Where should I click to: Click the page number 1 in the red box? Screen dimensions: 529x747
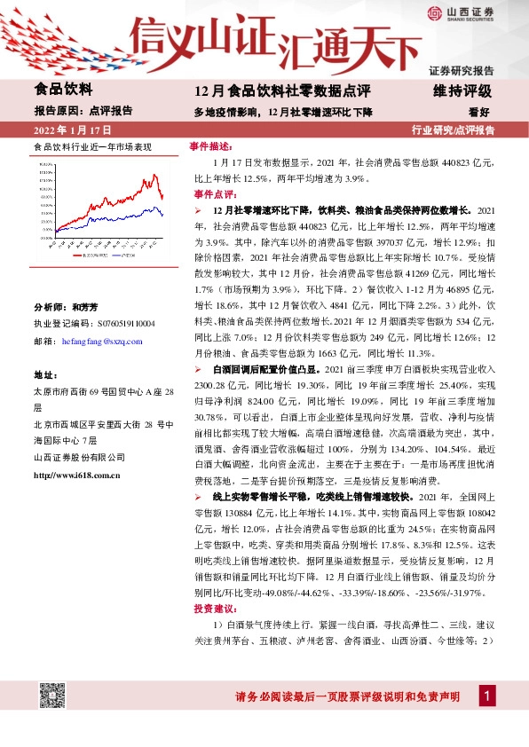(486, 696)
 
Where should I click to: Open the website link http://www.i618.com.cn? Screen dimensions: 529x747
(76, 476)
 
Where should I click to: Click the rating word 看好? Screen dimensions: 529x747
(479, 112)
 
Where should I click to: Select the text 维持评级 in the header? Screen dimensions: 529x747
(468, 90)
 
